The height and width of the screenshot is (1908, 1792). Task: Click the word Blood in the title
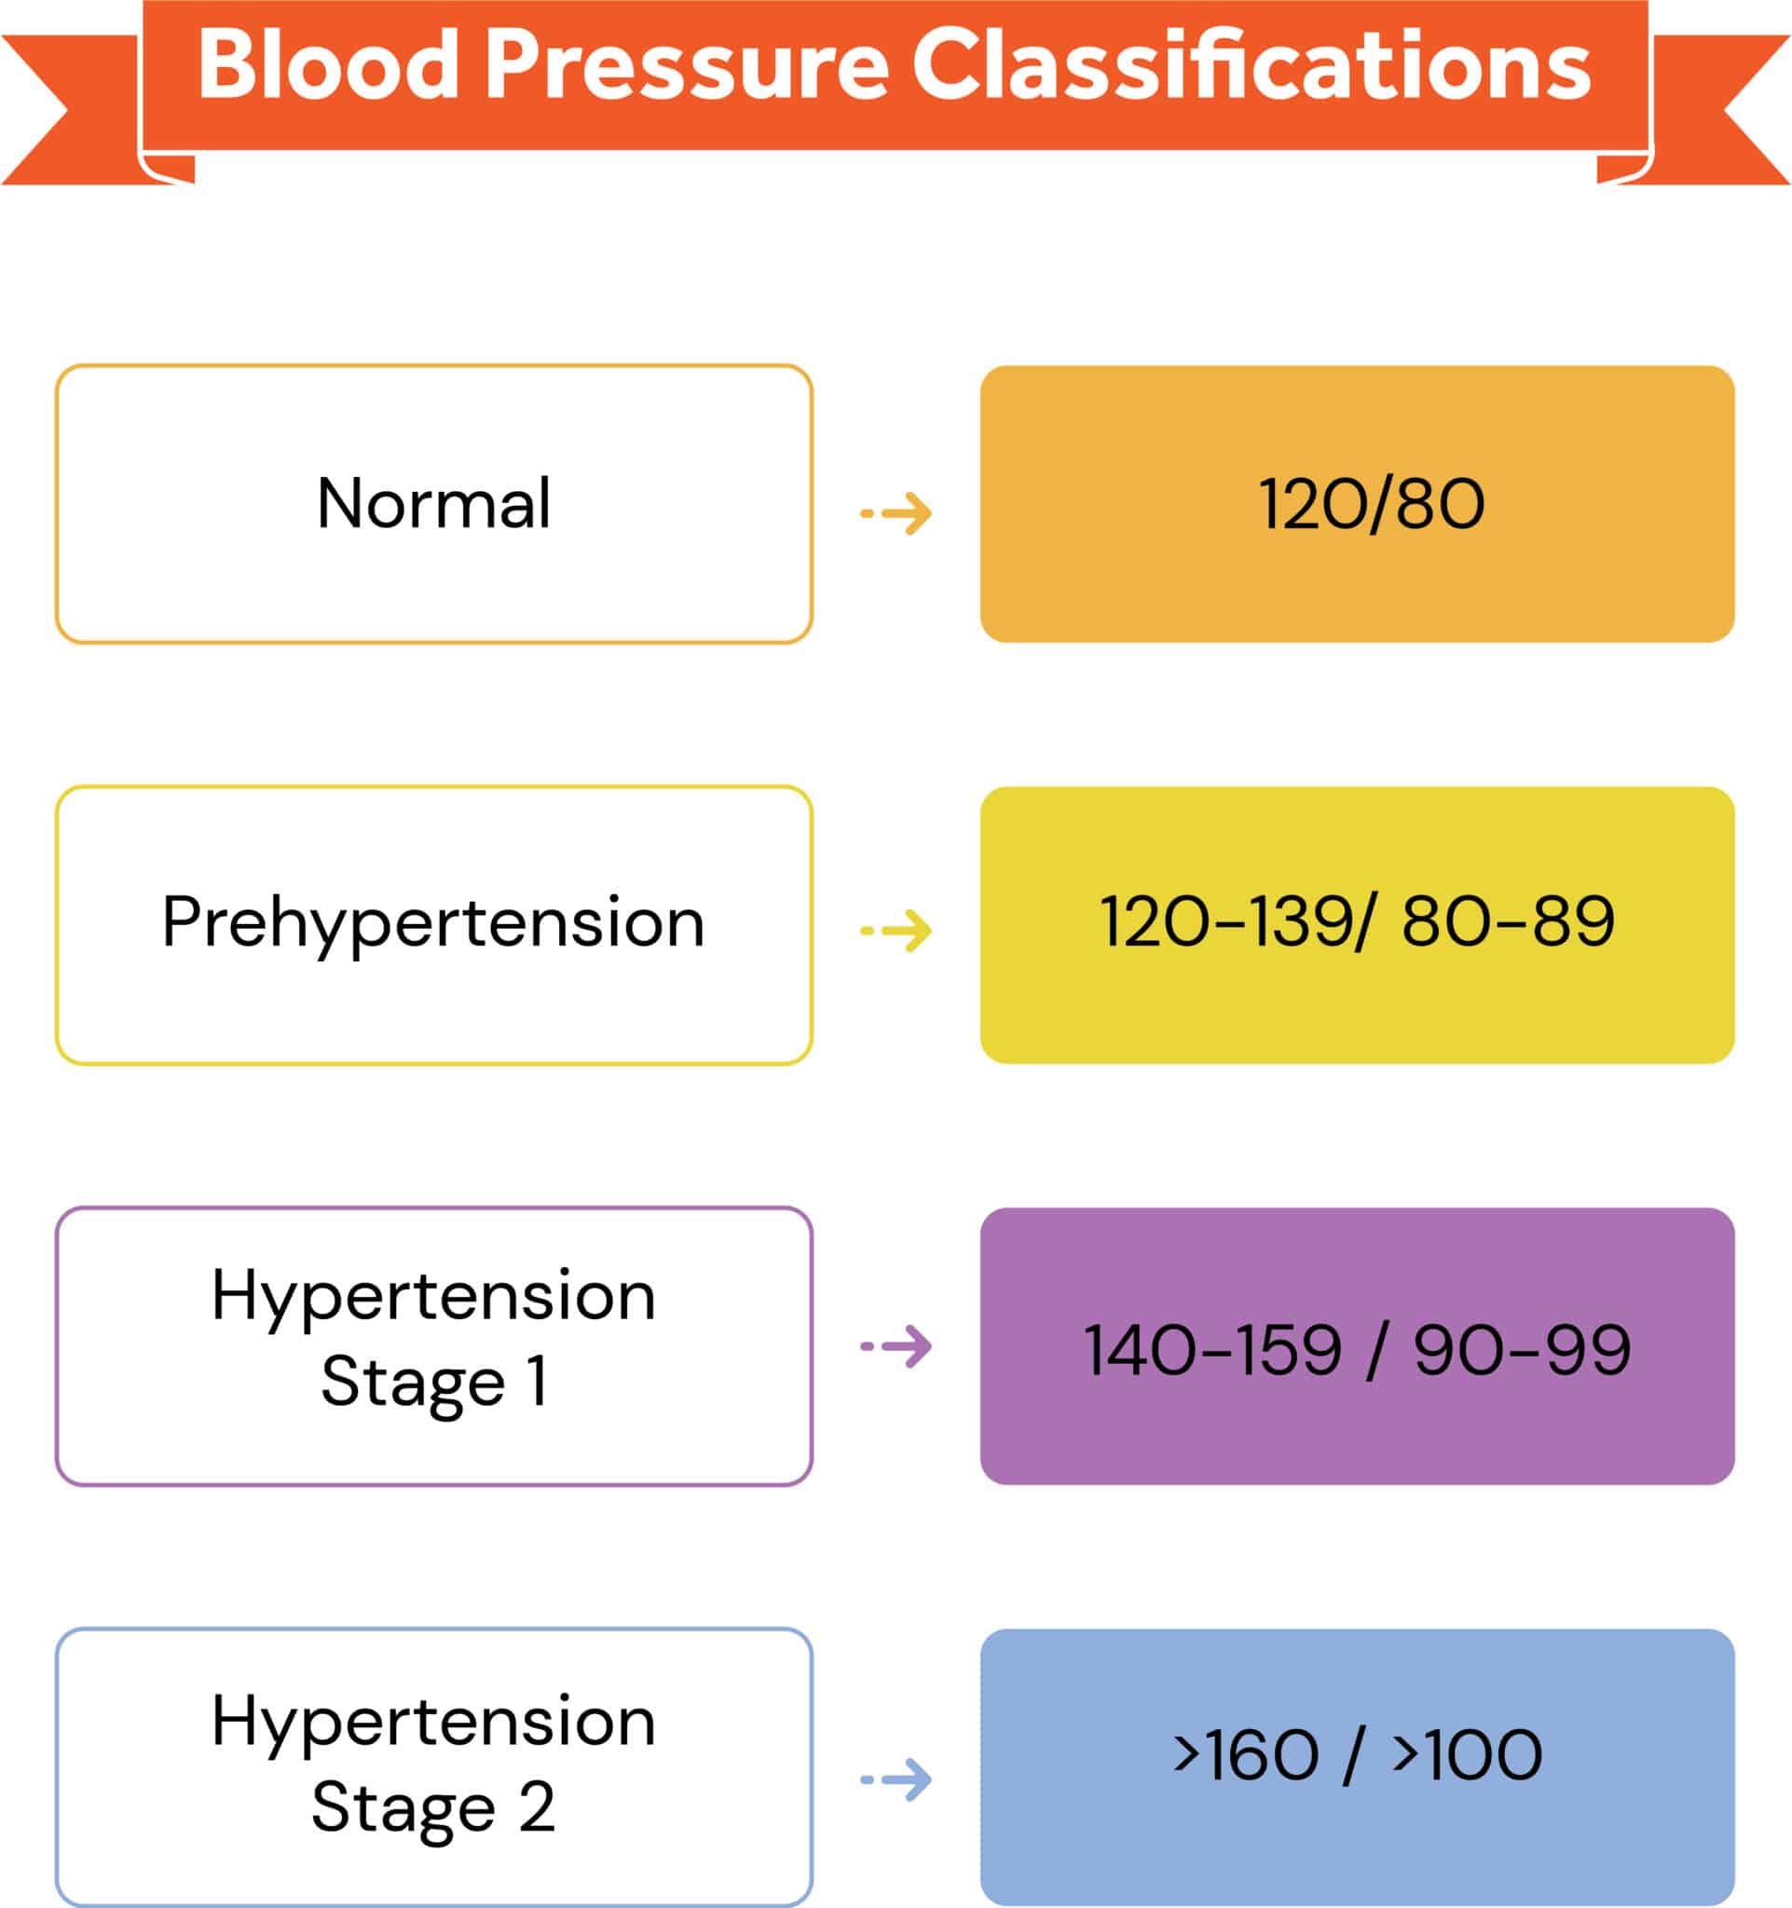[x=327, y=65]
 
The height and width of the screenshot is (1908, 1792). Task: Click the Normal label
[x=434, y=504]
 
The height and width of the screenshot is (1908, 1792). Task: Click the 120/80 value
[x=1372, y=505]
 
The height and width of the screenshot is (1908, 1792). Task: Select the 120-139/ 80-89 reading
[x=1356, y=922]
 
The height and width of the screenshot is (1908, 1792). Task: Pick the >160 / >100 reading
[x=1357, y=1755]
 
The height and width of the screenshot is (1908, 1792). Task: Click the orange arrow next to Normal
[x=896, y=513]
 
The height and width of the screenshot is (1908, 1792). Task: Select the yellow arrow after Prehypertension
[x=896, y=930]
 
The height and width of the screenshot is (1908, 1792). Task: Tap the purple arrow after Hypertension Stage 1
[x=896, y=1346]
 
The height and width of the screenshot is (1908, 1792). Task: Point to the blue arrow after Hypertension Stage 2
[x=896, y=1779]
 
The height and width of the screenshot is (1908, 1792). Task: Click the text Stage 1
[x=434, y=1382]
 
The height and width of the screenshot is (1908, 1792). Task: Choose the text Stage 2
[x=434, y=1808]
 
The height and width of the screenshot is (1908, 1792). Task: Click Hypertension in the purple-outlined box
[x=434, y=1296]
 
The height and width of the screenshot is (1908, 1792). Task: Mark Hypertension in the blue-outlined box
[x=434, y=1722]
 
